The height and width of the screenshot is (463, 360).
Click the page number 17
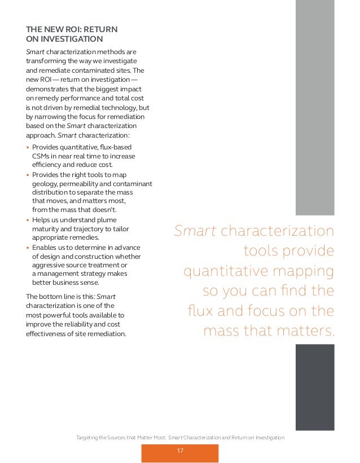[180, 451]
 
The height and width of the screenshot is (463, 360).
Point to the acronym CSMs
[42, 156]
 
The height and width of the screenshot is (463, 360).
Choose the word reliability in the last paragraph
[91, 324]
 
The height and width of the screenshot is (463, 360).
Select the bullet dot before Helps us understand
[28, 220]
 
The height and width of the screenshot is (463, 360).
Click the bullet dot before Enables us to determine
[28, 248]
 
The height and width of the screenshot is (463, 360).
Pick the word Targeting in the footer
[88, 438]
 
